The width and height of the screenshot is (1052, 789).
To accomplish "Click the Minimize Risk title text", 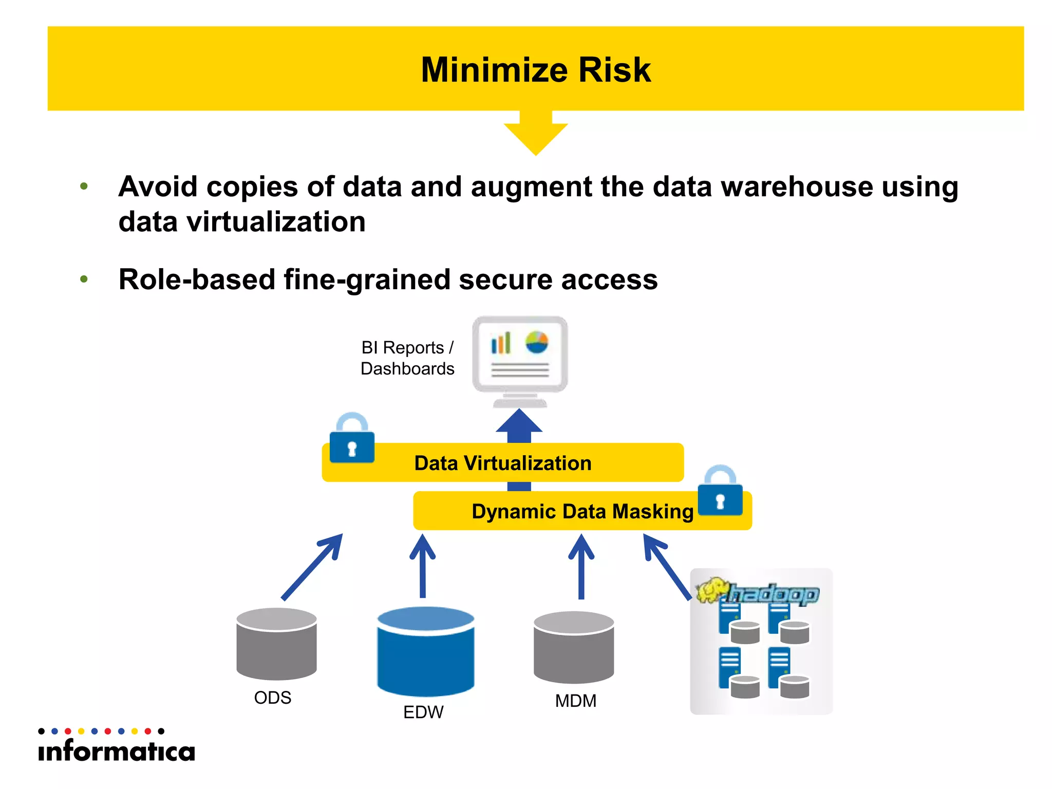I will point(535,70).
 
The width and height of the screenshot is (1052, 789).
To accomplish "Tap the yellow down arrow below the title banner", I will point(535,134).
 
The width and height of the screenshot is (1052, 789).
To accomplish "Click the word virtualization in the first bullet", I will point(276,222).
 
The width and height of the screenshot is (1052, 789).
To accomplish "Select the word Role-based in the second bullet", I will point(197,279).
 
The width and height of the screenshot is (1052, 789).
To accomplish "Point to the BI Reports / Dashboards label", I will point(407,358).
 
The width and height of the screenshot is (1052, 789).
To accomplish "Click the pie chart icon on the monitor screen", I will point(537,342).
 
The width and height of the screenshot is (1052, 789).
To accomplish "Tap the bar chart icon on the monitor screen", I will point(501,343).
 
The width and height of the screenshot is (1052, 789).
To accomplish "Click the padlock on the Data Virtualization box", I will point(352,440).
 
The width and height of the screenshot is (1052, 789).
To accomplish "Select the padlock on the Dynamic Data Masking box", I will point(720,492).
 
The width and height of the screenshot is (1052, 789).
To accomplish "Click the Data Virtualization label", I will point(502,463).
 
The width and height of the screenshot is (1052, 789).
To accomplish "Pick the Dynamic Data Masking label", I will point(582,512).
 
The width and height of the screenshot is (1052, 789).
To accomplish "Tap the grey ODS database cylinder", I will point(276,644).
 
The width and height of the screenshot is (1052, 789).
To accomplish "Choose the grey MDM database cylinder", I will point(574,647).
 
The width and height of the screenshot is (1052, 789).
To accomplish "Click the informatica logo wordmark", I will point(117,751).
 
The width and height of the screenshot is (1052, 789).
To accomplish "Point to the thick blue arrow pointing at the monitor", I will point(519,426).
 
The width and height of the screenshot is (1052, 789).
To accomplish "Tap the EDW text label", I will point(423,712).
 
